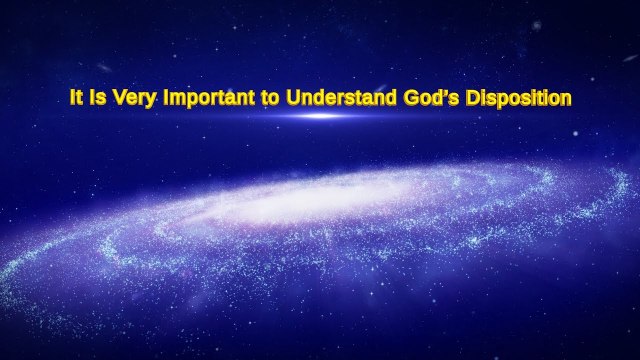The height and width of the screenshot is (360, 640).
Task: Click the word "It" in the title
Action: coord(74,98)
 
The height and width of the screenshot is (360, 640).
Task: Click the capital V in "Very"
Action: coord(114,98)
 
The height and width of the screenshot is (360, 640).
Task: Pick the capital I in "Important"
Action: coord(160,98)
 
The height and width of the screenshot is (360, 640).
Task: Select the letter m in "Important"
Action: coord(171,99)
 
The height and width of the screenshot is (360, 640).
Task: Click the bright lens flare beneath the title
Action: coord(321,116)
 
